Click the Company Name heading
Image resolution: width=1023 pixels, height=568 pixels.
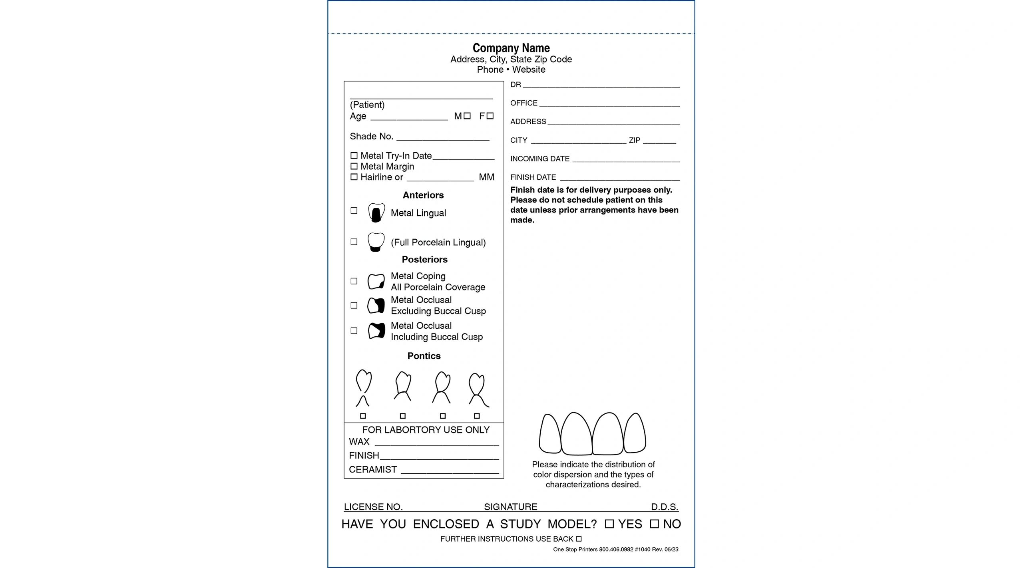(x=511, y=48)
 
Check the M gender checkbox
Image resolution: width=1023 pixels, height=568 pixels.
(x=467, y=116)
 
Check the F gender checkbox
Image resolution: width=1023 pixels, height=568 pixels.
(x=490, y=116)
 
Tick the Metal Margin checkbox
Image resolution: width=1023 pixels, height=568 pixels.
(x=354, y=166)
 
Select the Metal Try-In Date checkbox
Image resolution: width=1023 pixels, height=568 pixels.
(x=354, y=155)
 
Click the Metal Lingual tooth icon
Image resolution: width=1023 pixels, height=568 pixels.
(x=376, y=213)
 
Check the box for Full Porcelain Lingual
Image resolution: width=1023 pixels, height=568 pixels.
(x=354, y=242)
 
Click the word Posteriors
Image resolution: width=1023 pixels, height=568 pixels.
(x=424, y=260)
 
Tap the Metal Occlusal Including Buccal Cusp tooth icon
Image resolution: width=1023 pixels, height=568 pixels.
(x=376, y=331)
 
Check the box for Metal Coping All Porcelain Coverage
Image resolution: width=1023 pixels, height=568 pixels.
(x=354, y=281)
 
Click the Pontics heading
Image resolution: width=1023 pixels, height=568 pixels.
(x=424, y=356)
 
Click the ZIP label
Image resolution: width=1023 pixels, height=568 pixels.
(x=634, y=140)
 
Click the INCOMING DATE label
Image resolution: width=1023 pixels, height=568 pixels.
(x=539, y=159)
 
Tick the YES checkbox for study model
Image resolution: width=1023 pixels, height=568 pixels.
(x=609, y=524)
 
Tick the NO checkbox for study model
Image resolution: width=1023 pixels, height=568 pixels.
(x=654, y=524)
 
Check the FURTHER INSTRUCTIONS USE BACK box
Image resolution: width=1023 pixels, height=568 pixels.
(x=579, y=539)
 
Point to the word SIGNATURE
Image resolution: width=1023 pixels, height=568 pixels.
(x=510, y=507)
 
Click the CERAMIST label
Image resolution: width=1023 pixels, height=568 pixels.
(x=372, y=470)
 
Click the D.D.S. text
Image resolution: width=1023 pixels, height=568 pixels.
(x=664, y=507)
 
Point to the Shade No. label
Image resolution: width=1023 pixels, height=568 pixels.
(x=371, y=137)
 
